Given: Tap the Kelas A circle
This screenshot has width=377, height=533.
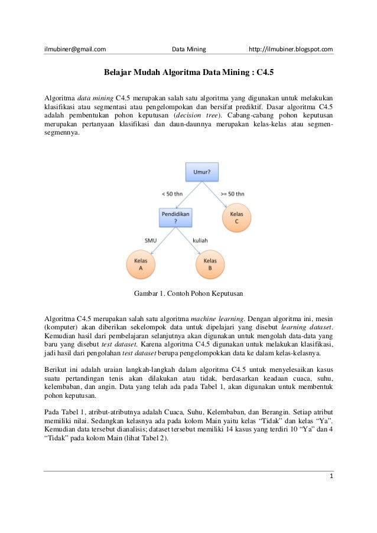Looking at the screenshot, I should click(141, 263).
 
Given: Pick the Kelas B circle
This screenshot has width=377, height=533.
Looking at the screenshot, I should click(210, 263).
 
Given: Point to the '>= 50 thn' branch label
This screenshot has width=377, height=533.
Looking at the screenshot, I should click(232, 193).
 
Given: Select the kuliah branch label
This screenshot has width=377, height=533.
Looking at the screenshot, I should click(201, 240).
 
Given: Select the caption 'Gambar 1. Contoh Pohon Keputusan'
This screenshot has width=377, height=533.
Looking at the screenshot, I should click(189, 293).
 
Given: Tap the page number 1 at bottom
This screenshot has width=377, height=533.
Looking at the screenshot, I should click(331, 475).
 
